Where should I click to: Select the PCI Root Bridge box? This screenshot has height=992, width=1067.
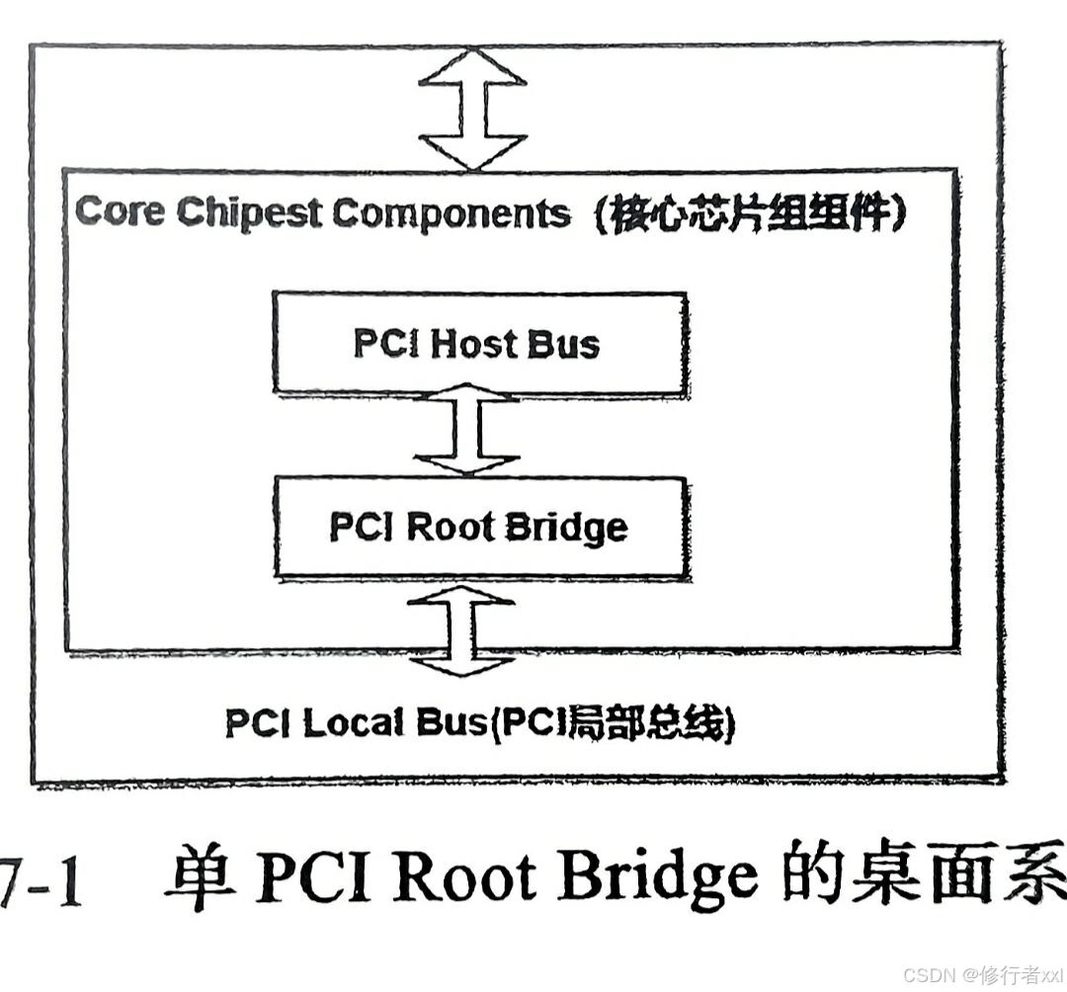(480, 528)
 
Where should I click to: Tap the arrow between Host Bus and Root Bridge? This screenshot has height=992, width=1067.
(466, 434)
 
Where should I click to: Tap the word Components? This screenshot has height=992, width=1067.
(451, 212)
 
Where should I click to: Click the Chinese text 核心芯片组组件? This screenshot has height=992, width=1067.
(751, 213)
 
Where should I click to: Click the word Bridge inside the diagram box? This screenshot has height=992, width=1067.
(565, 528)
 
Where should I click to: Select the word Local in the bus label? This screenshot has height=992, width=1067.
(354, 723)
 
